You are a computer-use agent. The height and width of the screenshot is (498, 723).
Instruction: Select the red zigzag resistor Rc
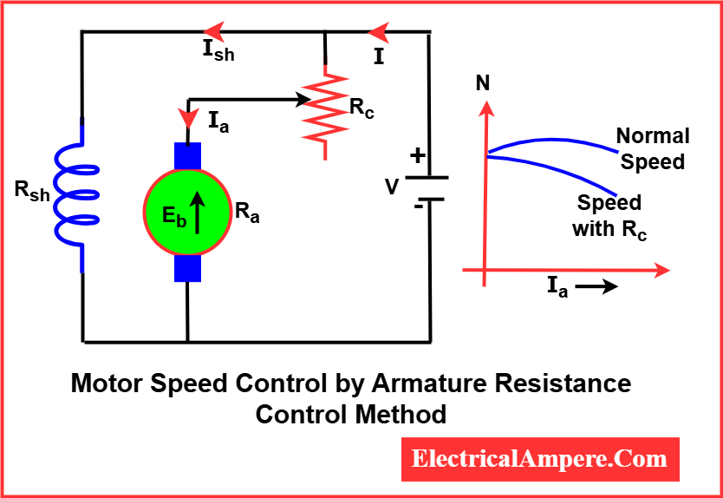pos(326,113)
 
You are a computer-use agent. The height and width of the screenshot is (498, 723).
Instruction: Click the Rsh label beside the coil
pos(32,191)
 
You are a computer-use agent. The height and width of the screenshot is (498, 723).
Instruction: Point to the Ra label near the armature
pos(247,213)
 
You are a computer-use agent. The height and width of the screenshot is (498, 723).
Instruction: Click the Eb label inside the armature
pos(174,216)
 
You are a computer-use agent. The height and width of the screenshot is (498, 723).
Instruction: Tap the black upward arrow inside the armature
pos(198,213)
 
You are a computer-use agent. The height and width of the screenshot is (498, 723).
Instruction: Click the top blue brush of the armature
pos(187,156)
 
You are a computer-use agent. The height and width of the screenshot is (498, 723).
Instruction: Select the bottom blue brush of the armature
pos(187,268)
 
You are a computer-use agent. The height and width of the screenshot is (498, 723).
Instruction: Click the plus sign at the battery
pos(417,156)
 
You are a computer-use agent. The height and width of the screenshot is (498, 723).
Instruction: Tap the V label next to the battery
pos(393,187)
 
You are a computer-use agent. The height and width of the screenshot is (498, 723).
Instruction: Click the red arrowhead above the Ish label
pos(214,32)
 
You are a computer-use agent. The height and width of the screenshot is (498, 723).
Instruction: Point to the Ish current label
pos(218,51)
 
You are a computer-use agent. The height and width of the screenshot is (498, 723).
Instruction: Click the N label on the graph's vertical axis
pos(482,84)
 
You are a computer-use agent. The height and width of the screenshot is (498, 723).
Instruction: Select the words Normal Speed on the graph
pos(653,149)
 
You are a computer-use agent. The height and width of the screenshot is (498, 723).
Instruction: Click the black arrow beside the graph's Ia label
pos(596,286)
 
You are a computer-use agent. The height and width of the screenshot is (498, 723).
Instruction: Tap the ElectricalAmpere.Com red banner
pos(540,460)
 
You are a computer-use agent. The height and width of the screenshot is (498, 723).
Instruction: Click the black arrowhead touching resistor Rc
pos(302,99)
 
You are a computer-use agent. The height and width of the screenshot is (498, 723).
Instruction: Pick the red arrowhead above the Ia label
pos(189,118)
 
